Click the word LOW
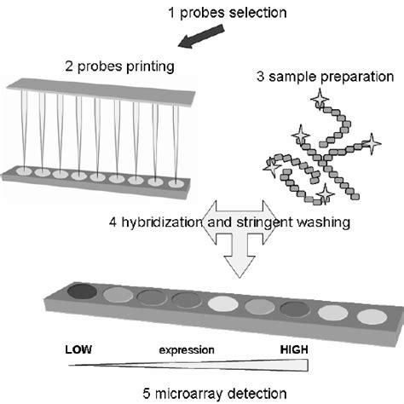coord(81,349)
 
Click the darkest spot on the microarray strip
coord(84,292)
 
